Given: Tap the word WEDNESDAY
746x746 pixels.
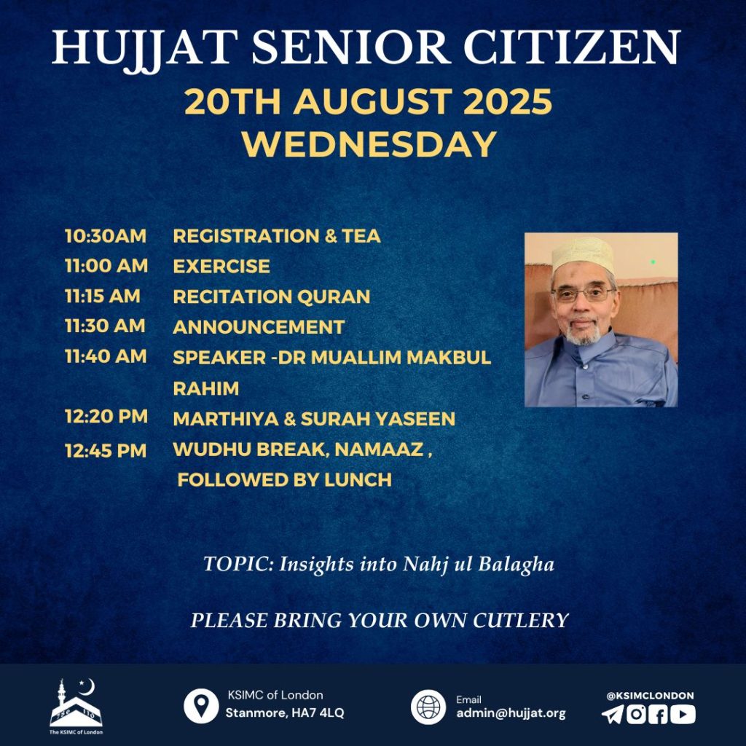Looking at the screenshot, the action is [x=369, y=144].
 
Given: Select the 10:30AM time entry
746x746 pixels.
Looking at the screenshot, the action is [x=106, y=236].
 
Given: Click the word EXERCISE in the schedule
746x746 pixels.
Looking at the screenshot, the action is [x=221, y=266].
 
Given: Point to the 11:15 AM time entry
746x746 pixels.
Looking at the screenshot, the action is [x=103, y=296].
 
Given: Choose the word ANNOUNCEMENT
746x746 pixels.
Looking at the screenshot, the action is [x=259, y=327].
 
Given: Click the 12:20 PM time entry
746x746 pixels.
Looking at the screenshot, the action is [x=106, y=416].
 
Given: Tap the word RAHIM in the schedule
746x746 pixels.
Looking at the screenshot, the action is [x=206, y=389].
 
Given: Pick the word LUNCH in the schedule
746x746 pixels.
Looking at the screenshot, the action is [x=358, y=479].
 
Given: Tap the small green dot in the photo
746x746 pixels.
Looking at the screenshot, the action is [x=653, y=262].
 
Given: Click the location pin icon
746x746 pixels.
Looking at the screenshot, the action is [x=201, y=706].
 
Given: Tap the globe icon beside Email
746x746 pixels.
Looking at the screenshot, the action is [x=428, y=707].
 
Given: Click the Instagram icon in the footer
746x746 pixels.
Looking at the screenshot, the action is [x=636, y=715].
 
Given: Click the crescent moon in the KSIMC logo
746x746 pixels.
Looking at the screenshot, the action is [x=89, y=687].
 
